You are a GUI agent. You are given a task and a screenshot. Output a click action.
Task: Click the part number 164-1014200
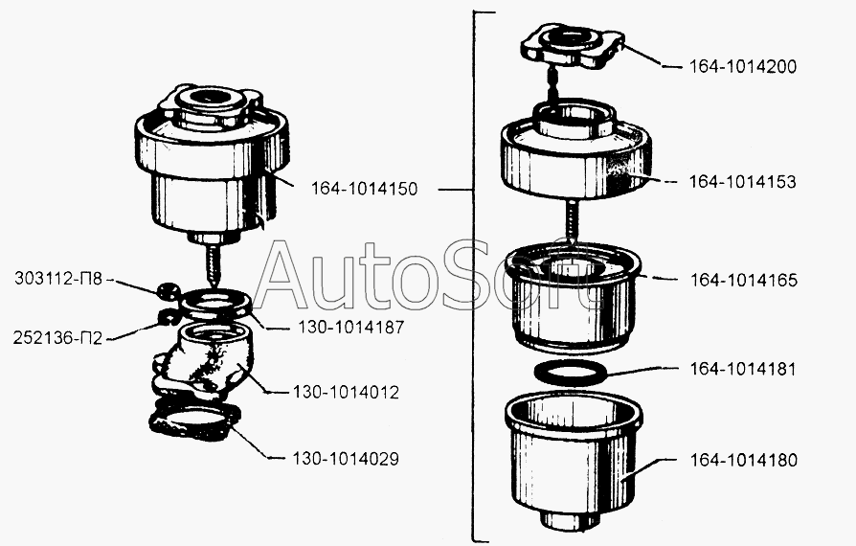pyautogui.click(x=742, y=67)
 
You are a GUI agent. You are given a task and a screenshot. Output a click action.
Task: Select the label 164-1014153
pyautogui.click(x=742, y=182)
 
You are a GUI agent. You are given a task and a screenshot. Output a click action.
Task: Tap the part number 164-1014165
pyautogui.click(x=744, y=280)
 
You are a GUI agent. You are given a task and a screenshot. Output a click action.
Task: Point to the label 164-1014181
pyautogui.click(x=743, y=369)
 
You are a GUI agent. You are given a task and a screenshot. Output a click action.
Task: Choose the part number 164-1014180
pyautogui.click(x=744, y=461)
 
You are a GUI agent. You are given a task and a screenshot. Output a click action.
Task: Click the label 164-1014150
pyautogui.click(x=364, y=189)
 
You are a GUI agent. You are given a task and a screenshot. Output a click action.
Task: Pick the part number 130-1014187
pyautogui.click(x=351, y=327)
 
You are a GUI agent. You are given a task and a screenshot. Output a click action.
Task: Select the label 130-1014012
pyautogui.click(x=346, y=392)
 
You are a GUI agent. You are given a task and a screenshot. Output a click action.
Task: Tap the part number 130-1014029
pyautogui.click(x=346, y=459)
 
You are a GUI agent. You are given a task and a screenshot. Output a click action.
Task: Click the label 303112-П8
pyautogui.click(x=58, y=279)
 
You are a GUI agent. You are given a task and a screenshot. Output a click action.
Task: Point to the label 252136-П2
pyautogui.click(x=57, y=338)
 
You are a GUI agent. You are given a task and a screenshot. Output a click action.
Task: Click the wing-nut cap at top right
pyautogui.click(x=573, y=47)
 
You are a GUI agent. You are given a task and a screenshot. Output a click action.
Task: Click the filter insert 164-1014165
pyautogui.click(x=573, y=298)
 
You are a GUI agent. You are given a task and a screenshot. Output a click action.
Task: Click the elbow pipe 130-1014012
pyautogui.click(x=205, y=360)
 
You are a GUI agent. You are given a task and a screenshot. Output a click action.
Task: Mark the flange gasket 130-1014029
pyautogui.click(x=194, y=421)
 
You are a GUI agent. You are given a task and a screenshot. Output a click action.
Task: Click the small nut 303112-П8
pyautogui.click(x=169, y=291)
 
